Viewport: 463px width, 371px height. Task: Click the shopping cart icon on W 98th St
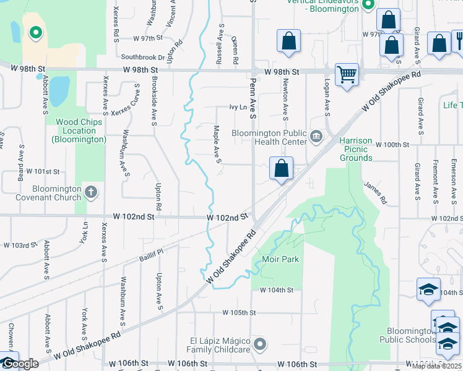click(347, 75)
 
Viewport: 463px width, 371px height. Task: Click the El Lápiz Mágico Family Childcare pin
click(261, 343)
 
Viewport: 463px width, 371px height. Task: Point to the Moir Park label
click(280, 259)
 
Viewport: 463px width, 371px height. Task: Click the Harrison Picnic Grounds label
click(356, 149)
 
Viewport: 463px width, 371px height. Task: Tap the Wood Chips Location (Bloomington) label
click(79, 130)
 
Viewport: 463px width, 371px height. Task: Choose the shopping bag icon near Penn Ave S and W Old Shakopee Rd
click(281, 168)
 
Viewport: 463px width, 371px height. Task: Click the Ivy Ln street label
click(238, 107)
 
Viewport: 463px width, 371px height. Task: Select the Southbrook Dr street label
click(143, 58)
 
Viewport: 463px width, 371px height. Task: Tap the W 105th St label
click(239, 313)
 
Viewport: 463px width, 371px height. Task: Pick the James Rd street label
click(375, 192)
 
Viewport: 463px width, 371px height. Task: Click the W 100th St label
click(392, 145)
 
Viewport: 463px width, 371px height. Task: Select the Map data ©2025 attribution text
click(436, 366)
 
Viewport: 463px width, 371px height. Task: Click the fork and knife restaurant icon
click(459, 41)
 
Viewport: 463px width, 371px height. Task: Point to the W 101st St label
click(43, 171)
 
